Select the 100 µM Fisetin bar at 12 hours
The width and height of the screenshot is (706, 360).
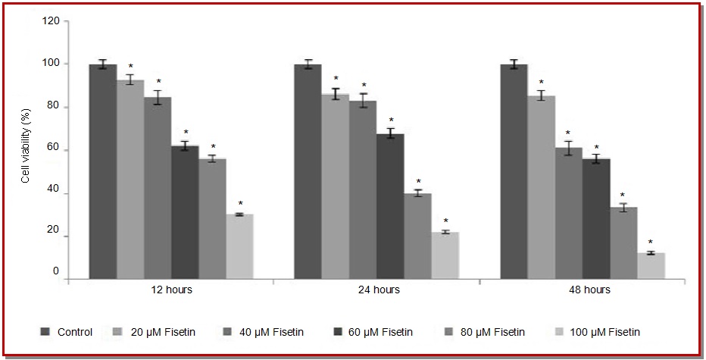(x=239, y=247)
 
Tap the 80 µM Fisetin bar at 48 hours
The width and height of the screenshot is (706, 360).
(x=623, y=243)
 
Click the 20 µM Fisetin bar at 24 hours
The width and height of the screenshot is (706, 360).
(x=336, y=186)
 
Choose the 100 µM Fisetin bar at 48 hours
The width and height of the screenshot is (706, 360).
(x=651, y=266)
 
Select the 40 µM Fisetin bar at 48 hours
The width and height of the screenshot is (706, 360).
(x=568, y=213)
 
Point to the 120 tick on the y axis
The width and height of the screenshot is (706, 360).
(x=51, y=20)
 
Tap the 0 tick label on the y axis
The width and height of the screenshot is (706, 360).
(x=55, y=271)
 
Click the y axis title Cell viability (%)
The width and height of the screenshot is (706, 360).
(x=25, y=150)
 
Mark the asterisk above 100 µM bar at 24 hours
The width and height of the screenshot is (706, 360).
(x=445, y=222)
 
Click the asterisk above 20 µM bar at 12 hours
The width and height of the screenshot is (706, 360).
(x=130, y=67)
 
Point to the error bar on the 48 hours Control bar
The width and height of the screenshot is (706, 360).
(x=514, y=64)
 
